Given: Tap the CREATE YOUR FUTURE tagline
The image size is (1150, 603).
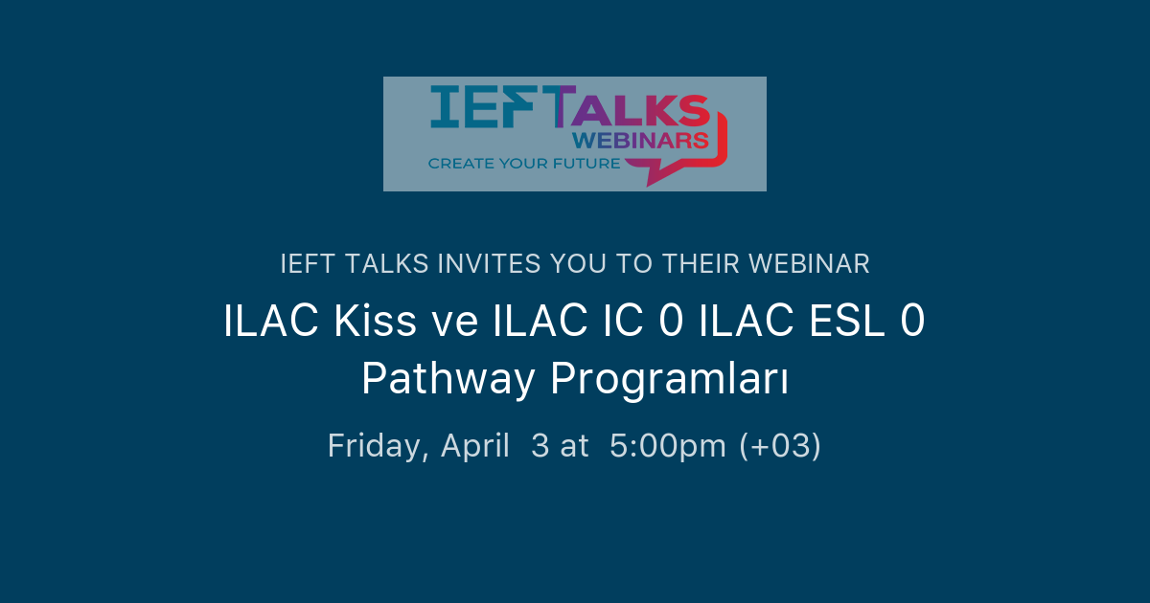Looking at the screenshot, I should click(x=524, y=164).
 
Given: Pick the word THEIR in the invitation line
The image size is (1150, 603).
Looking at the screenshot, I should click(x=698, y=263).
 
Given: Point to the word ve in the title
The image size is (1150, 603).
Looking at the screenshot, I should click(x=453, y=322).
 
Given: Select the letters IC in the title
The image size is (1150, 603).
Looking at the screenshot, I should click(x=616, y=322).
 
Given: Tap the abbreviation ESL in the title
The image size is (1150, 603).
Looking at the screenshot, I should click(x=844, y=322).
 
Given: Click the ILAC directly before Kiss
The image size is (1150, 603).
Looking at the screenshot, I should click(x=272, y=322).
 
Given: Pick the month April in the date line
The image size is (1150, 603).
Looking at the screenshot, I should click(x=474, y=446).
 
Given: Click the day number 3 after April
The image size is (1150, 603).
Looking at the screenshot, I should click(x=540, y=446).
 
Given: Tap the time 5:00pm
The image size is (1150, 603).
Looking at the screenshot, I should click(x=669, y=446).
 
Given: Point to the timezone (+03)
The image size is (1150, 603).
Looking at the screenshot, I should click(x=780, y=446).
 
